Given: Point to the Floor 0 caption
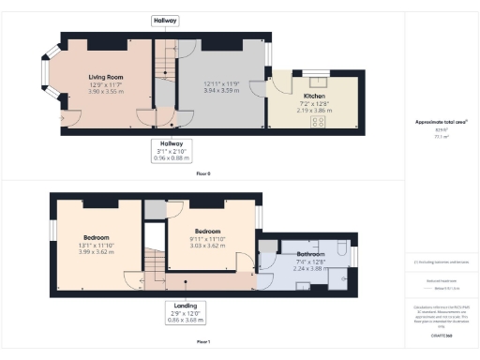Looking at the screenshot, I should pyautogui.click(x=202, y=174).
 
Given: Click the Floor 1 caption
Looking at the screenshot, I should pyautogui.click(x=202, y=342).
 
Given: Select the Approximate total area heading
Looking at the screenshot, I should pyautogui.click(x=441, y=123).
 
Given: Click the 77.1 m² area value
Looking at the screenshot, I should pyautogui.click(x=440, y=137).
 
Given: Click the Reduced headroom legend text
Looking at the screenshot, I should pyautogui.click(x=440, y=280).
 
